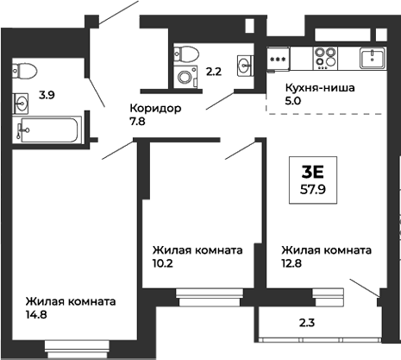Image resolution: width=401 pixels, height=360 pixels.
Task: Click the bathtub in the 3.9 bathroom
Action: coord(48,131)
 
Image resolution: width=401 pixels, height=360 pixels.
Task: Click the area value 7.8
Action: coord(137,123)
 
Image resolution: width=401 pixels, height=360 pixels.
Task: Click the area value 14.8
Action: coord(35,317)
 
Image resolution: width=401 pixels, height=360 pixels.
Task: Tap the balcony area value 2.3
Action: coord(306,324)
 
